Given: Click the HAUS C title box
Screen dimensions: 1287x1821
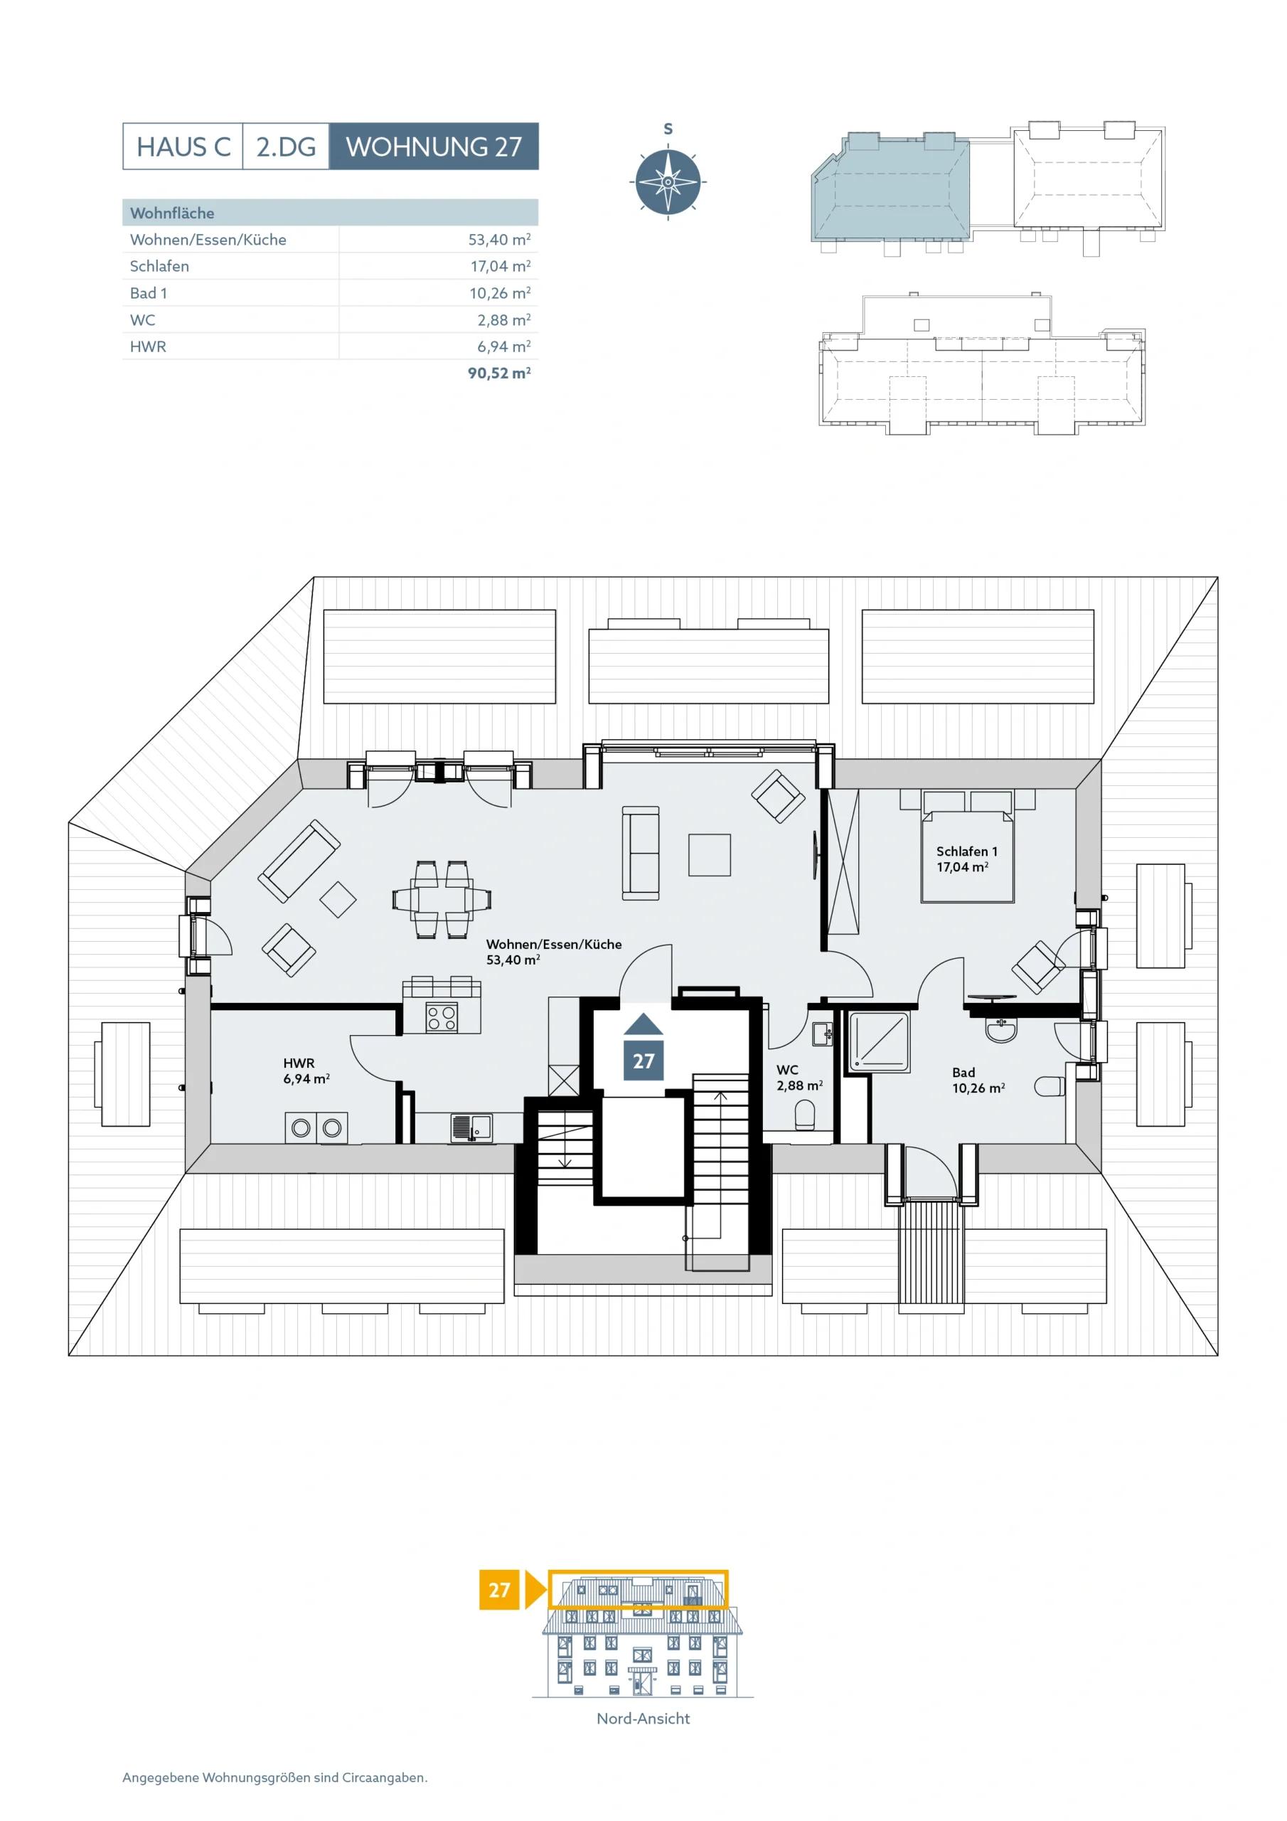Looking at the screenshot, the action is pos(183,146).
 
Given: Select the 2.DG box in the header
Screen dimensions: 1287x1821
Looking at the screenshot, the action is pos(285,146).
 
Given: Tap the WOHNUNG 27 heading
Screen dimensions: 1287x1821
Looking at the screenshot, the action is pos(434,146).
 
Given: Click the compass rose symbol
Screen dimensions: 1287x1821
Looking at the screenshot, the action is pos(668,181).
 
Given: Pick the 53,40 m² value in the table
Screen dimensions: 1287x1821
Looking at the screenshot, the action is pos(498,239).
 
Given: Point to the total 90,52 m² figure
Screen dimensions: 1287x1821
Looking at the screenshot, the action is pos(498,372).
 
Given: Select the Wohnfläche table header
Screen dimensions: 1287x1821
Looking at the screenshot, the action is pos(172,213).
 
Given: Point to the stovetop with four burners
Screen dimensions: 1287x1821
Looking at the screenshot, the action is pos(442,1018).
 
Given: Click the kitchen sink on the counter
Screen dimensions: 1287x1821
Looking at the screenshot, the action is pos(471,1127).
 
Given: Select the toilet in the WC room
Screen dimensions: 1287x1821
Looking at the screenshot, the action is pos(805,1117).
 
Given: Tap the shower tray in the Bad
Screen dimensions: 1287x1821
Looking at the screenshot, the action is pos(880,1041).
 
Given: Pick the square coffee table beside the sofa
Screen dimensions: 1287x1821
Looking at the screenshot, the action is pos(709,854).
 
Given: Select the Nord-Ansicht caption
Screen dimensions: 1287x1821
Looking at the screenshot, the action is pos(643,1718).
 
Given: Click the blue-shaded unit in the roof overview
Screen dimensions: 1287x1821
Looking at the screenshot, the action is pos(890,187).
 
